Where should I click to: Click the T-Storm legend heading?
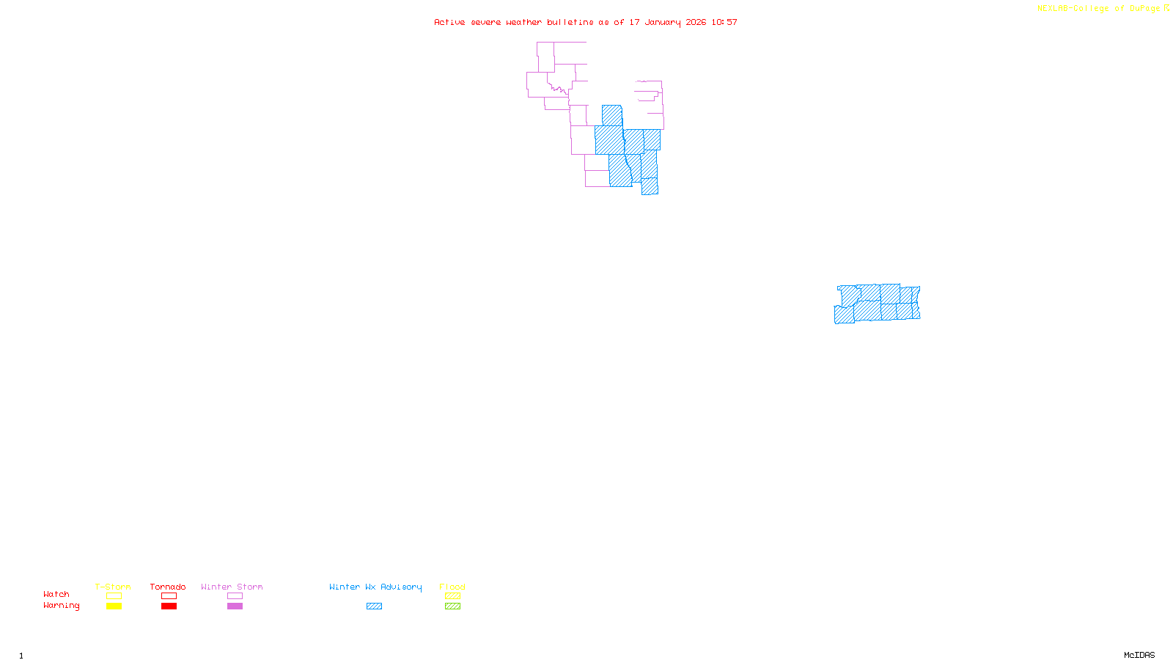coord(113,587)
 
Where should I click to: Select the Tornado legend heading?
coord(168,587)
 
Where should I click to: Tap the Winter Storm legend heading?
coord(232,587)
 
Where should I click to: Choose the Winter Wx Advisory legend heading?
coord(375,587)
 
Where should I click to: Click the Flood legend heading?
coord(452,587)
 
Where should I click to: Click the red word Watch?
coord(56,594)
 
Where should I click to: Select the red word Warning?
coord(62,606)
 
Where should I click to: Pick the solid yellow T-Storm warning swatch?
coord(114,606)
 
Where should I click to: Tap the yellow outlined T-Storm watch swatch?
coord(114,596)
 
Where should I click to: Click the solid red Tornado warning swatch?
coord(169,606)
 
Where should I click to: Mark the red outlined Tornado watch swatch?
coord(169,596)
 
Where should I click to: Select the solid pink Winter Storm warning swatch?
coord(235,606)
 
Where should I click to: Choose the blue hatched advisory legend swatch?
coord(374,606)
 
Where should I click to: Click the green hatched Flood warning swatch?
coord(452,606)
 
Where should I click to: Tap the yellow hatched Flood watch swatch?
coord(452,596)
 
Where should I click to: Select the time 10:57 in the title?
coord(724,23)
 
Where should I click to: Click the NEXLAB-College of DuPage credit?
coord(1099,9)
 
